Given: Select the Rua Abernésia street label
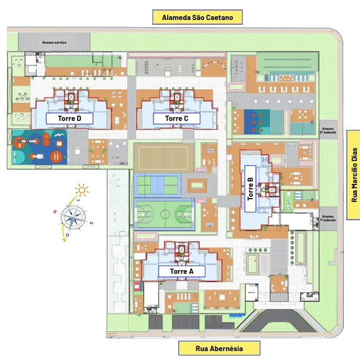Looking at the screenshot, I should [x=220, y=348].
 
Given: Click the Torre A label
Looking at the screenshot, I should [x=181, y=271].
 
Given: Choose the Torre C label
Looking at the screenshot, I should [x=177, y=119].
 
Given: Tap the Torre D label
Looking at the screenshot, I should [x=69, y=118].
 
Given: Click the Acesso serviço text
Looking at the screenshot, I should [x=54, y=42].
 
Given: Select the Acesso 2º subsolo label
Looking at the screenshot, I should [x=328, y=131].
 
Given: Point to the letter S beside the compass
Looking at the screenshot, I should [x=92, y=222].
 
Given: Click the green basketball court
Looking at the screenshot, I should [x=164, y=214].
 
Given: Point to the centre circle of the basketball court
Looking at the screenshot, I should [x=164, y=214].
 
